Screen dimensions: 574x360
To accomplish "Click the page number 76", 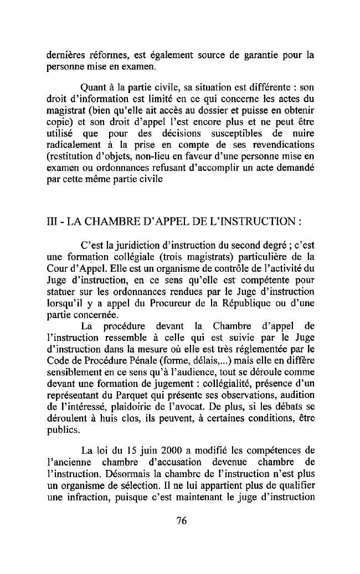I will point(180,520).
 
